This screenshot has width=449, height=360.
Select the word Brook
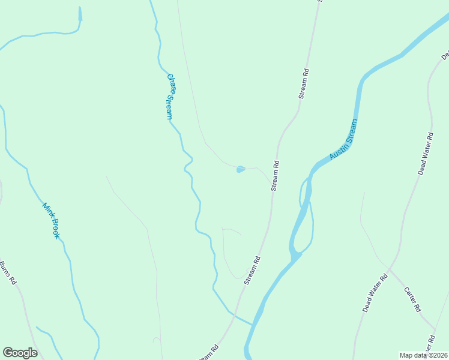point(55,229)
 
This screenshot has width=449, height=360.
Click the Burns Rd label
point(8,273)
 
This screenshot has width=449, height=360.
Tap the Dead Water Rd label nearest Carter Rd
point(375,292)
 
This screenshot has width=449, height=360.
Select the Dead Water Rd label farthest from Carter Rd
point(425,154)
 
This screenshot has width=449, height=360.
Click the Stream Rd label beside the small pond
point(276,176)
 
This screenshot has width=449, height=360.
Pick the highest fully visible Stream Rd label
point(304,84)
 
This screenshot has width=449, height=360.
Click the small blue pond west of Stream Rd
point(240,169)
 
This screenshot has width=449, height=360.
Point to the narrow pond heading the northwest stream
point(80,14)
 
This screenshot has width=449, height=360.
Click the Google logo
point(20,352)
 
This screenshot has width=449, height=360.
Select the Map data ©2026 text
point(423,355)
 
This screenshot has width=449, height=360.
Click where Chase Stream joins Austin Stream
point(252,325)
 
